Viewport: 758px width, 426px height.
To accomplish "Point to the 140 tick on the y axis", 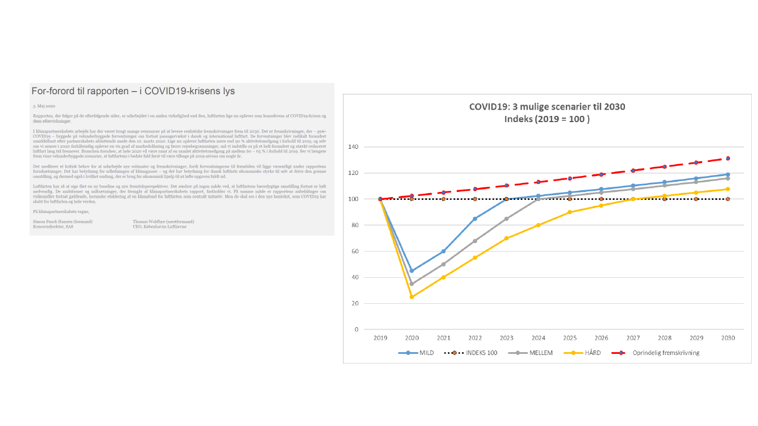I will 353,147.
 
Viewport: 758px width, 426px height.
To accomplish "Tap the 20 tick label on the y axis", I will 355,304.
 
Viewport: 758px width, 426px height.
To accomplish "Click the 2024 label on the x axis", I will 538,338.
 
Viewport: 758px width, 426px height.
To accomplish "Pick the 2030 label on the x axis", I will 727,338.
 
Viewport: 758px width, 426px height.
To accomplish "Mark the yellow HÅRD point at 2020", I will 412,296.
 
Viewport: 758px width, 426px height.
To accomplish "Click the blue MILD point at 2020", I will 412,271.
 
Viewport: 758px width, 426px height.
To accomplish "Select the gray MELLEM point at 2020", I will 412,283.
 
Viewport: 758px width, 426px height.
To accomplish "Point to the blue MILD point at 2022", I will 475,219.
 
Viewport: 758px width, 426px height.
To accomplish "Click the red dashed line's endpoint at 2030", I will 727,158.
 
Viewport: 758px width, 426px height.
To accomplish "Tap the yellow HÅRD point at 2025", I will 570,212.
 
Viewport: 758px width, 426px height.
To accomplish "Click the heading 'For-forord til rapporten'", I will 133,91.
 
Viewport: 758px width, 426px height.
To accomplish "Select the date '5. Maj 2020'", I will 44,106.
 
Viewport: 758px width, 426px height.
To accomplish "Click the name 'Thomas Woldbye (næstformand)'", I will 163,221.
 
